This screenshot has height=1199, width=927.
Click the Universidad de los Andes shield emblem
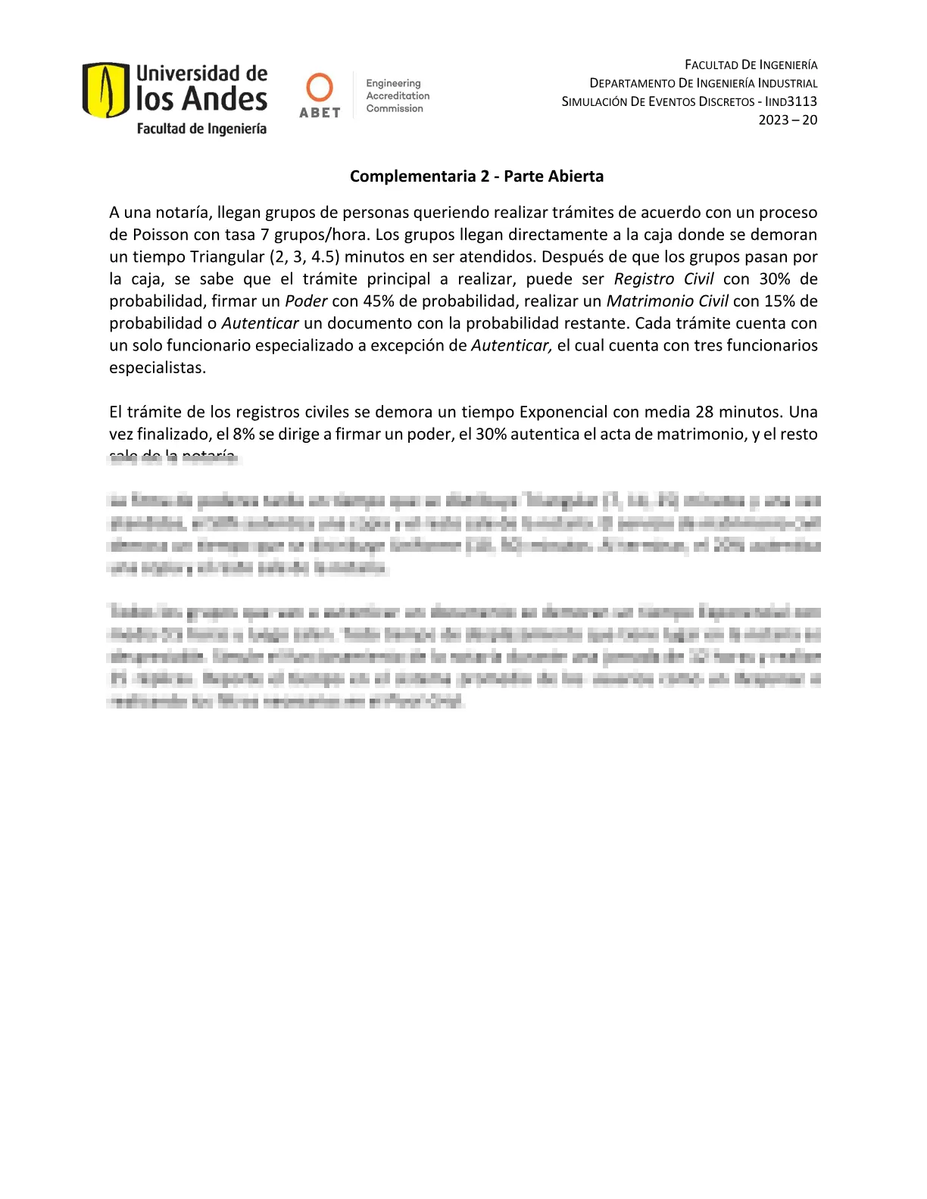(x=105, y=90)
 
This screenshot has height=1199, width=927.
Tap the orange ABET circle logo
(x=320, y=87)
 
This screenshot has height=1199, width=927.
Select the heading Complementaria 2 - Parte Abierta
(x=476, y=176)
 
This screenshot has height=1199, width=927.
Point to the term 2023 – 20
(x=788, y=120)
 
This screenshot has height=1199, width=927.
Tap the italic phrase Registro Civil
(x=663, y=279)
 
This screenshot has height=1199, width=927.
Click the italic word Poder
(x=306, y=301)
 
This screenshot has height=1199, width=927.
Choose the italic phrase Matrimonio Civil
(x=667, y=301)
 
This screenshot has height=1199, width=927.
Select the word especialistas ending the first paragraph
(x=158, y=368)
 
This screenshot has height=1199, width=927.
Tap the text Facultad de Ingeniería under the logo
(x=201, y=129)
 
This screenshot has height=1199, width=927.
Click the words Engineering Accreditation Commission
(x=398, y=96)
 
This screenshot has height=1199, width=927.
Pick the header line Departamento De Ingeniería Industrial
(x=704, y=83)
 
